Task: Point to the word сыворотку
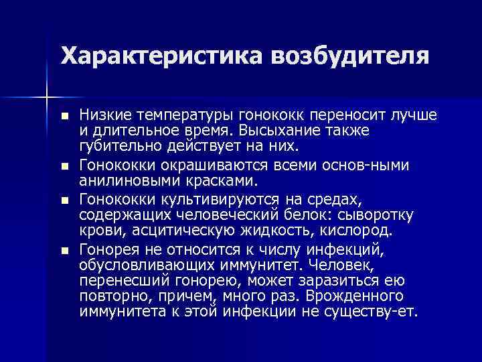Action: coord(381,215)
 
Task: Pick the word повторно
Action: coord(109,296)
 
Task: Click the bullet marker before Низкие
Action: coord(64,117)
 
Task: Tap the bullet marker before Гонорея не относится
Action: coord(64,251)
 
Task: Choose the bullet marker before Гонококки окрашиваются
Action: coord(64,165)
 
